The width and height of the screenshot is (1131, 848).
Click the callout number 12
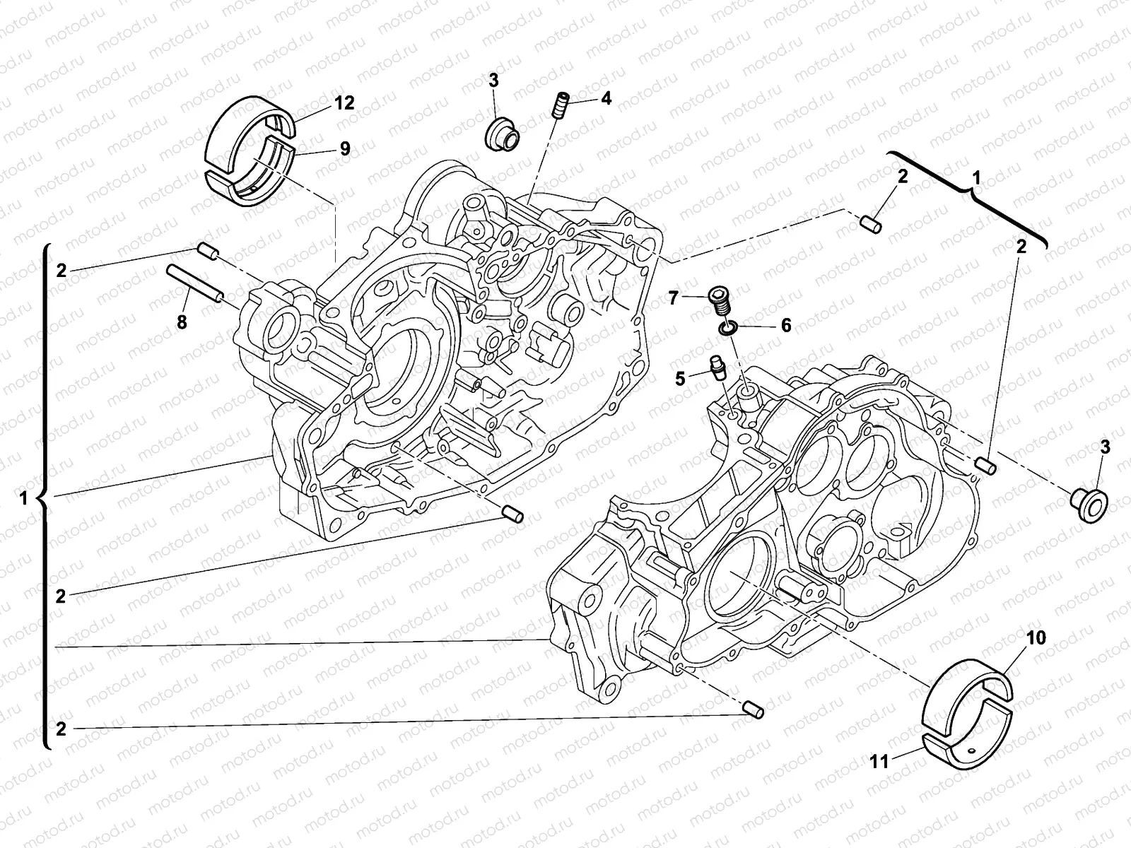[344, 103]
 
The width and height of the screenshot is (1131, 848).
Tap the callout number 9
[344, 148]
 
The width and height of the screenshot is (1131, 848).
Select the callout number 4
[606, 98]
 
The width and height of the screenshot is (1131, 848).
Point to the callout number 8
[182, 322]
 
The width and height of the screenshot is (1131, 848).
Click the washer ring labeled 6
[729, 328]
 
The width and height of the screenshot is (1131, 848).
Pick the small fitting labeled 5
[719, 368]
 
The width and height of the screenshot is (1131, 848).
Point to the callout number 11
[879, 761]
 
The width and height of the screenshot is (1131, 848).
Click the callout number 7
[674, 297]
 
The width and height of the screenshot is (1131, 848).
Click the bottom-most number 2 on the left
[61, 729]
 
